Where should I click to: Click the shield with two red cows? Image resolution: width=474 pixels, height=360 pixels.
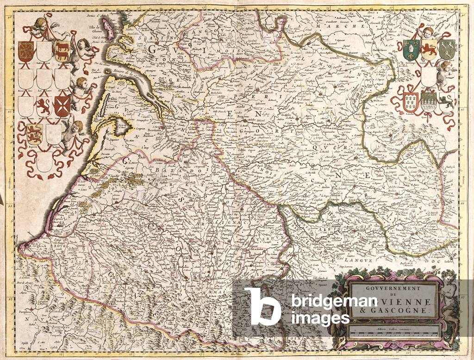[x=62, y=51]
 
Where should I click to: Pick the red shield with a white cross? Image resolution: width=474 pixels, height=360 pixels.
[x=62, y=106]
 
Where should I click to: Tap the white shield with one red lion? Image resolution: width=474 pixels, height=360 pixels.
[x=44, y=106]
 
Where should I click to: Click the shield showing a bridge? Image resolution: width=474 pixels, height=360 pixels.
[x=429, y=102]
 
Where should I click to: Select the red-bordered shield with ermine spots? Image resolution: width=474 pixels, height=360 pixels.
[x=411, y=102]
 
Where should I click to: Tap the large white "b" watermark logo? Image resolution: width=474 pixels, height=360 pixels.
[x=262, y=306]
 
